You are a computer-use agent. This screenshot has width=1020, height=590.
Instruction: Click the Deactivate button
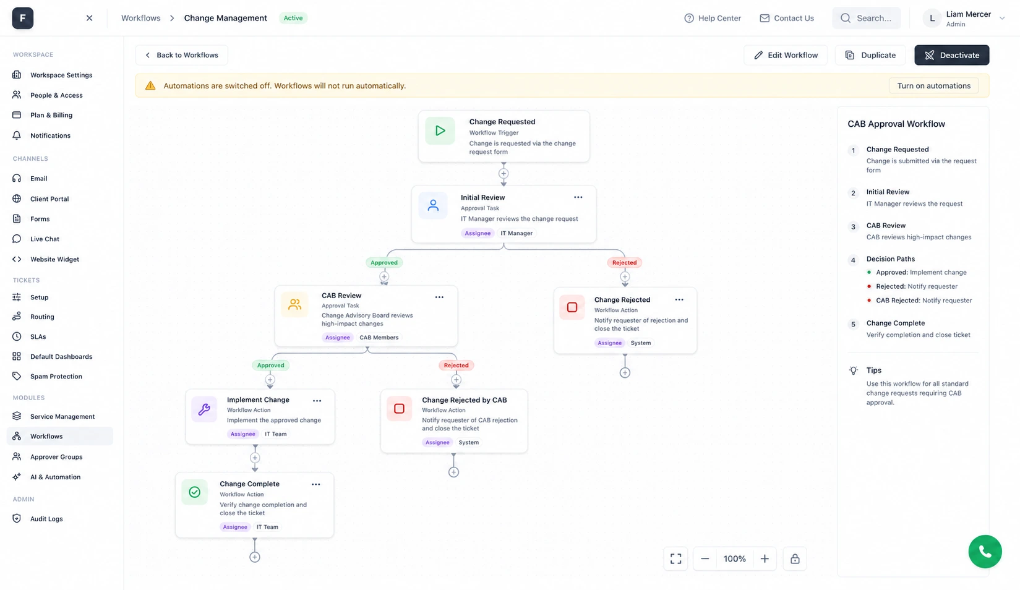(x=952, y=55)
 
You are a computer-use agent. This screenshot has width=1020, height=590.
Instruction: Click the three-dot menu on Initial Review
(x=578, y=197)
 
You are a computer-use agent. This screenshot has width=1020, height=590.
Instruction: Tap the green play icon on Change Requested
(x=440, y=130)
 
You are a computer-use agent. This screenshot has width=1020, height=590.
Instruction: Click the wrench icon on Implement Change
(x=204, y=409)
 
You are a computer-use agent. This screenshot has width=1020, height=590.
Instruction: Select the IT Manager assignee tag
(x=516, y=233)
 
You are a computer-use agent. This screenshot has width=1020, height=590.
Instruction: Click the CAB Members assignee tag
(x=379, y=337)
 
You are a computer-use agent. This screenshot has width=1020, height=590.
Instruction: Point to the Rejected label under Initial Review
(x=624, y=262)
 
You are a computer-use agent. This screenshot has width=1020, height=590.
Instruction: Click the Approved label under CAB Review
(x=270, y=365)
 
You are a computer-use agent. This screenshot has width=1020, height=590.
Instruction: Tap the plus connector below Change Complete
(x=255, y=557)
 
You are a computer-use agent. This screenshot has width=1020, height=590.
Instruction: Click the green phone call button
(x=985, y=551)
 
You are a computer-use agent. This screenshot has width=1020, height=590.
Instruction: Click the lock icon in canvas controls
(x=795, y=558)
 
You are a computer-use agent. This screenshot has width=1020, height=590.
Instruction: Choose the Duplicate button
(x=870, y=55)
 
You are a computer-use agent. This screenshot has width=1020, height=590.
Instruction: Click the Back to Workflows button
(x=182, y=55)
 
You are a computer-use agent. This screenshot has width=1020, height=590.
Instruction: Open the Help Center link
(x=713, y=18)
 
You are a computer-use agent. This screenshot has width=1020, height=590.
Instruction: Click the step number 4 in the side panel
(x=853, y=260)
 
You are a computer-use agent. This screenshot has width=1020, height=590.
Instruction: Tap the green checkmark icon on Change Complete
(x=194, y=492)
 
